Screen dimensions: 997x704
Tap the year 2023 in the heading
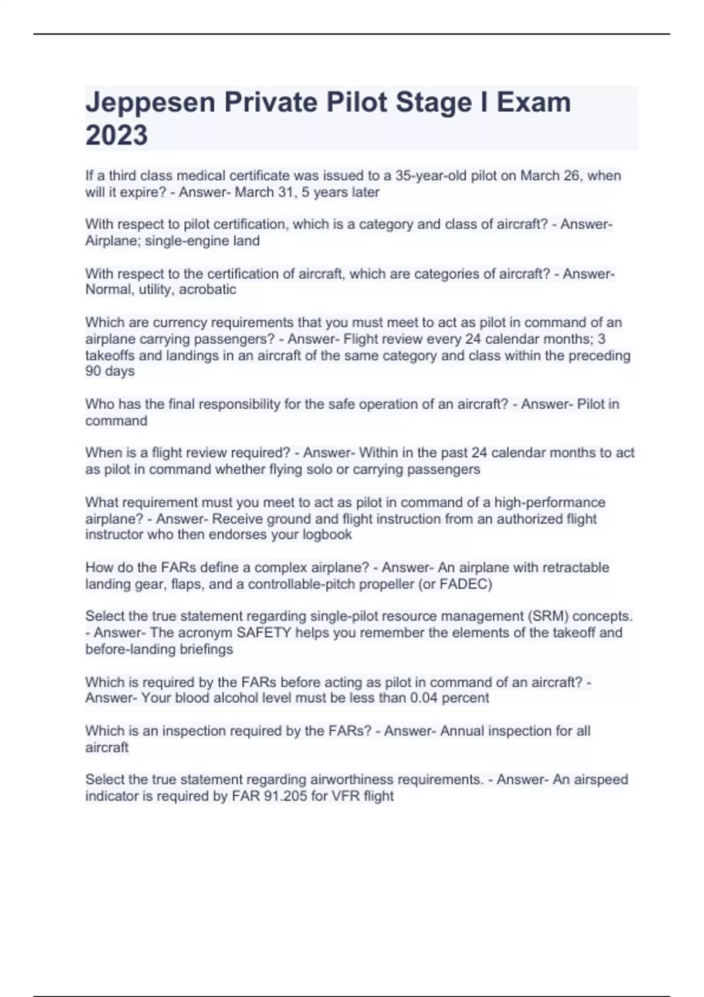[116, 135]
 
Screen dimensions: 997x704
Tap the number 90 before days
[93, 371]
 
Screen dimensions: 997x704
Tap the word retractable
[576, 568]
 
